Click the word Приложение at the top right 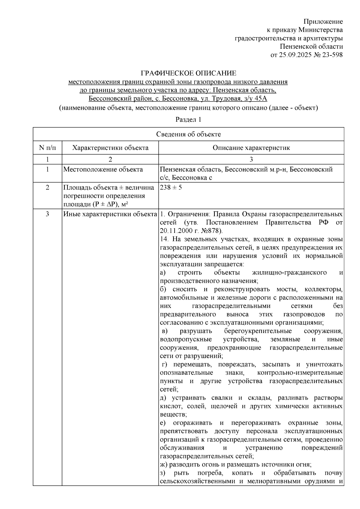tap(323, 22)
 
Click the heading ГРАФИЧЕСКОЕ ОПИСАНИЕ tap(188, 73)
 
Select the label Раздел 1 tap(188, 120)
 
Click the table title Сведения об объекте tap(188, 134)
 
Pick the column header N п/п tap(47, 148)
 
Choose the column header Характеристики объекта tap(110, 148)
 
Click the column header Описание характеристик tap(251, 148)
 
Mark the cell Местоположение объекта tap(103, 170)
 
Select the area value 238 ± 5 tap(171, 188)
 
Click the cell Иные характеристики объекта tap(110, 214)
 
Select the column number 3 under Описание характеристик tap(251, 159)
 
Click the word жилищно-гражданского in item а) tap(289, 273)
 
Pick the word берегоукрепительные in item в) tap(258, 331)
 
